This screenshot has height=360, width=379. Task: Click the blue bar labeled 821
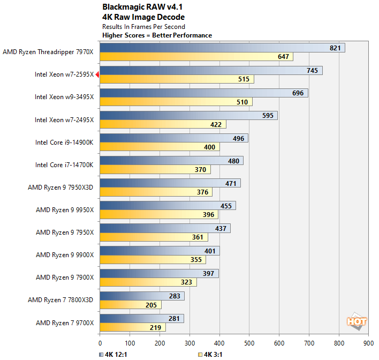pos(222,48)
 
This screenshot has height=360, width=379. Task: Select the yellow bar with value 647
pos(196,57)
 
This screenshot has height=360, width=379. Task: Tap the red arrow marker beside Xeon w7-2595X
pos(97,75)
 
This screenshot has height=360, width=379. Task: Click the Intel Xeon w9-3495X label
pos(64,97)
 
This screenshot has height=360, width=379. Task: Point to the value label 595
pos(268,116)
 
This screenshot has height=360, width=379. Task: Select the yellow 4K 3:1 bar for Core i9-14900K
pos(160,147)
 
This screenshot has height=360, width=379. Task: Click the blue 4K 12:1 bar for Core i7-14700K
pos(171,161)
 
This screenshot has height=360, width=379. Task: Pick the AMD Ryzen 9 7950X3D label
pos(60,187)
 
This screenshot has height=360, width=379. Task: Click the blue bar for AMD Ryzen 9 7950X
pos(165,228)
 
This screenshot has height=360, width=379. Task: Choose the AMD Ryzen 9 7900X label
pos(65,277)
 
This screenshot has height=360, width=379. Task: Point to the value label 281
pos(174,319)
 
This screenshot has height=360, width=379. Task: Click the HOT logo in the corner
pos(357,321)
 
